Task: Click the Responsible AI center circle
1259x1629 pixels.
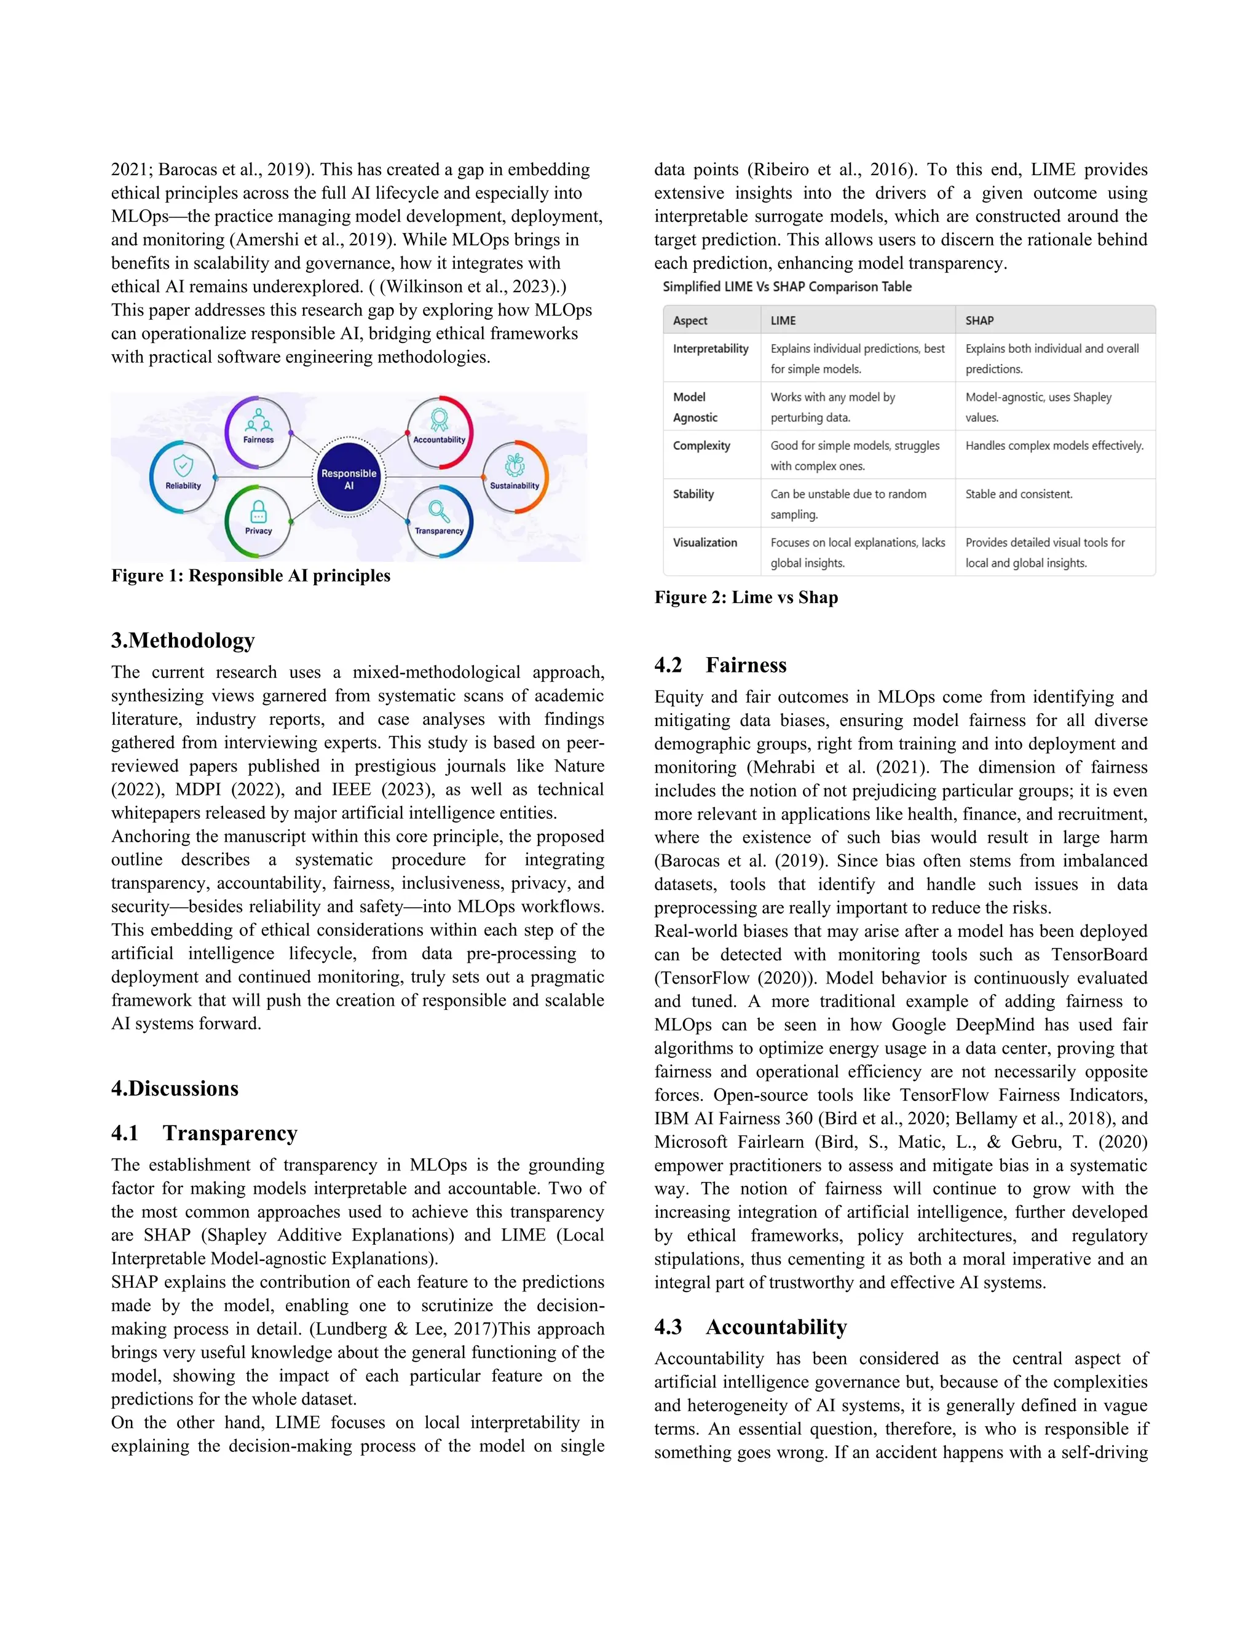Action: point(349,478)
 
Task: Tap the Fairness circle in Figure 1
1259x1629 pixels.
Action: point(258,430)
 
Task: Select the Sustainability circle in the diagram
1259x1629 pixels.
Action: point(515,476)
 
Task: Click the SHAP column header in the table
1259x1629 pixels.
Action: point(979,321)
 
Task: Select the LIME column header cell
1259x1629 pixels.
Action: point(783,321)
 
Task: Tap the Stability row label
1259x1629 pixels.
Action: point(693,494)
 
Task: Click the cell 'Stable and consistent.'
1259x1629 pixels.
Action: point(1019,494)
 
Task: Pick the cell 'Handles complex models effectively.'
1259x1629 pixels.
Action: point(1054,445)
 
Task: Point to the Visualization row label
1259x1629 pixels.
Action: point(705,542)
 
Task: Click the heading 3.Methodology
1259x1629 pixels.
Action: point(183,640)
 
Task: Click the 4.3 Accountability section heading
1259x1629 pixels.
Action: point(751,1327)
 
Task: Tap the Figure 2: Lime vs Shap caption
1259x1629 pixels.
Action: point(746,598)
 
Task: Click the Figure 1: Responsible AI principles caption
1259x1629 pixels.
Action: point(251,576)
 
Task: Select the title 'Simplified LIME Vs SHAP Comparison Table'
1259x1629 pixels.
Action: point(787,286)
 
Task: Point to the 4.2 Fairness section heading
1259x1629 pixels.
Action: point(720,665)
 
